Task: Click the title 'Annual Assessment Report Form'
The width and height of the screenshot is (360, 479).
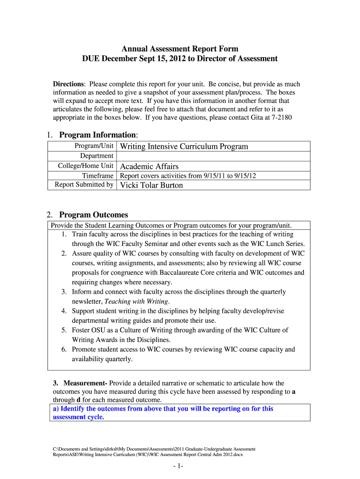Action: [180, 49]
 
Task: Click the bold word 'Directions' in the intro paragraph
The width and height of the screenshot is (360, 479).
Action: [68, 84]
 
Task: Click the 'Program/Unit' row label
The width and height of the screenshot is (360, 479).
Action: [94, 146]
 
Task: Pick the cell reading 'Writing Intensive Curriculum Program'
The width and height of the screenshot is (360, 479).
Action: [184, 146]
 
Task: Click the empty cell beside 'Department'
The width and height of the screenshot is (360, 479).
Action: [213, 156]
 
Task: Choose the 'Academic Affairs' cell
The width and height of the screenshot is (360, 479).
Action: [150, 166]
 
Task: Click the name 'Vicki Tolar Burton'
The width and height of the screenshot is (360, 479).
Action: [151, 185]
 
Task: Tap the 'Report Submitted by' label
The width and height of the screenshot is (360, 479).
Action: [84, 185]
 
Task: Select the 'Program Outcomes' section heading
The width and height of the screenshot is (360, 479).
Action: [94, 215]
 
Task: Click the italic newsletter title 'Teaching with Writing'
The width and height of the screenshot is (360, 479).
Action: [138, 301]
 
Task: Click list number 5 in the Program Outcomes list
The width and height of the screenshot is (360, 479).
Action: [64, 330]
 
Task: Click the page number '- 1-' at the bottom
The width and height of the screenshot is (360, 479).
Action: [180, 466]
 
